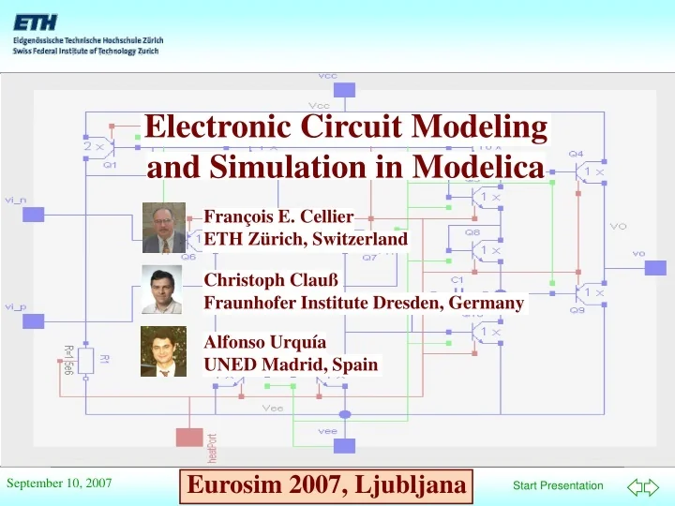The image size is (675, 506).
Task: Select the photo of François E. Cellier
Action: (x=164, y=228)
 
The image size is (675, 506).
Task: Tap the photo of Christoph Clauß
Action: (x=161, y=289)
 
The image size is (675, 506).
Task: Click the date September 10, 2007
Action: (x=59, y=484)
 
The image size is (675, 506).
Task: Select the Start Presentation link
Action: (x=558, y=485)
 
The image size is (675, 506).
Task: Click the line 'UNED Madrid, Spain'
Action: (x=291, y=364)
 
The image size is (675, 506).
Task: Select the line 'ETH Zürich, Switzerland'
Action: (x=306, y=238)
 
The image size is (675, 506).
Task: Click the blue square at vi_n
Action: (x=33, y=215)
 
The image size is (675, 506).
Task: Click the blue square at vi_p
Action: (x=33, y=320)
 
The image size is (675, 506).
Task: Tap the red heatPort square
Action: (x=189, y=437)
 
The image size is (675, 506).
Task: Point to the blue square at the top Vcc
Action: (x=346, y=90)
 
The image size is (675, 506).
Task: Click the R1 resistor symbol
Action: (x=85, y=359)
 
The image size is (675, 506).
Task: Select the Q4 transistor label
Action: (x=575, y=154)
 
